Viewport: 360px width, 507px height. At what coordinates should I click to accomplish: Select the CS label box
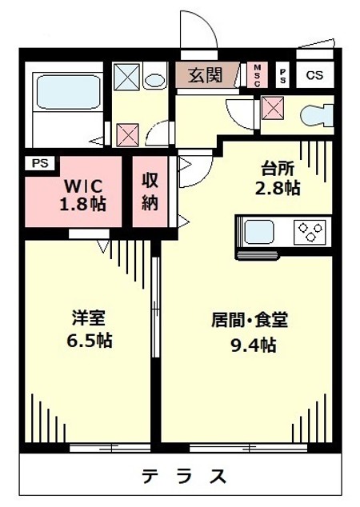click(314, 76)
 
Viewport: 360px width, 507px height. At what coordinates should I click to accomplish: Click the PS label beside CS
click(282, 76)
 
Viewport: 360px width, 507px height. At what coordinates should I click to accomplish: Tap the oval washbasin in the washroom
click(154, 79)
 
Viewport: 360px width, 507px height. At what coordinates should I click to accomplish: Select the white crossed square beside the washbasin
click(126, 78)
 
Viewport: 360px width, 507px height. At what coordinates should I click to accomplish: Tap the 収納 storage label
click(150, 191)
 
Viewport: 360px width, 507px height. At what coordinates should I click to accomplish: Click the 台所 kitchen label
click(279, 170)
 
